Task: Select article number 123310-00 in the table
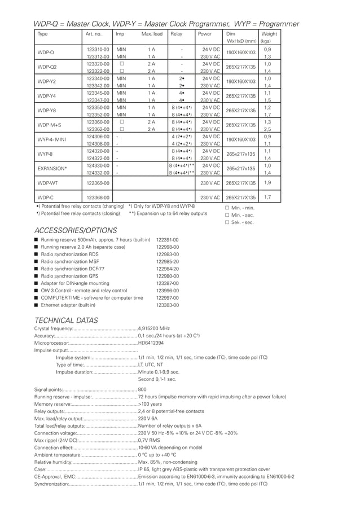(98, 50)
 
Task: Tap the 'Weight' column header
(269, 34)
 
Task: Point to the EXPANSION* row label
(52, 169)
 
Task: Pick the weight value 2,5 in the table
(267, 129)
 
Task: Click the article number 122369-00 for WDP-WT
(98, 183)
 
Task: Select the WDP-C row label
(45, 198)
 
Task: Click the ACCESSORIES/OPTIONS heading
(76, 230)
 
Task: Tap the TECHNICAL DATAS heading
(66, 320)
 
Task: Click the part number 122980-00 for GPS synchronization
(167, 276)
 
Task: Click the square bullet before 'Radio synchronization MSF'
(36, 261)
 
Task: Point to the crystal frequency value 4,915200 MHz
(153, 328)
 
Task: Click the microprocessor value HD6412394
(151, 343)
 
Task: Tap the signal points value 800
(142, 389)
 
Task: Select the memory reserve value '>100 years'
(150, 404)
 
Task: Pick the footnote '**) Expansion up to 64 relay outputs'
(168, 214)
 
